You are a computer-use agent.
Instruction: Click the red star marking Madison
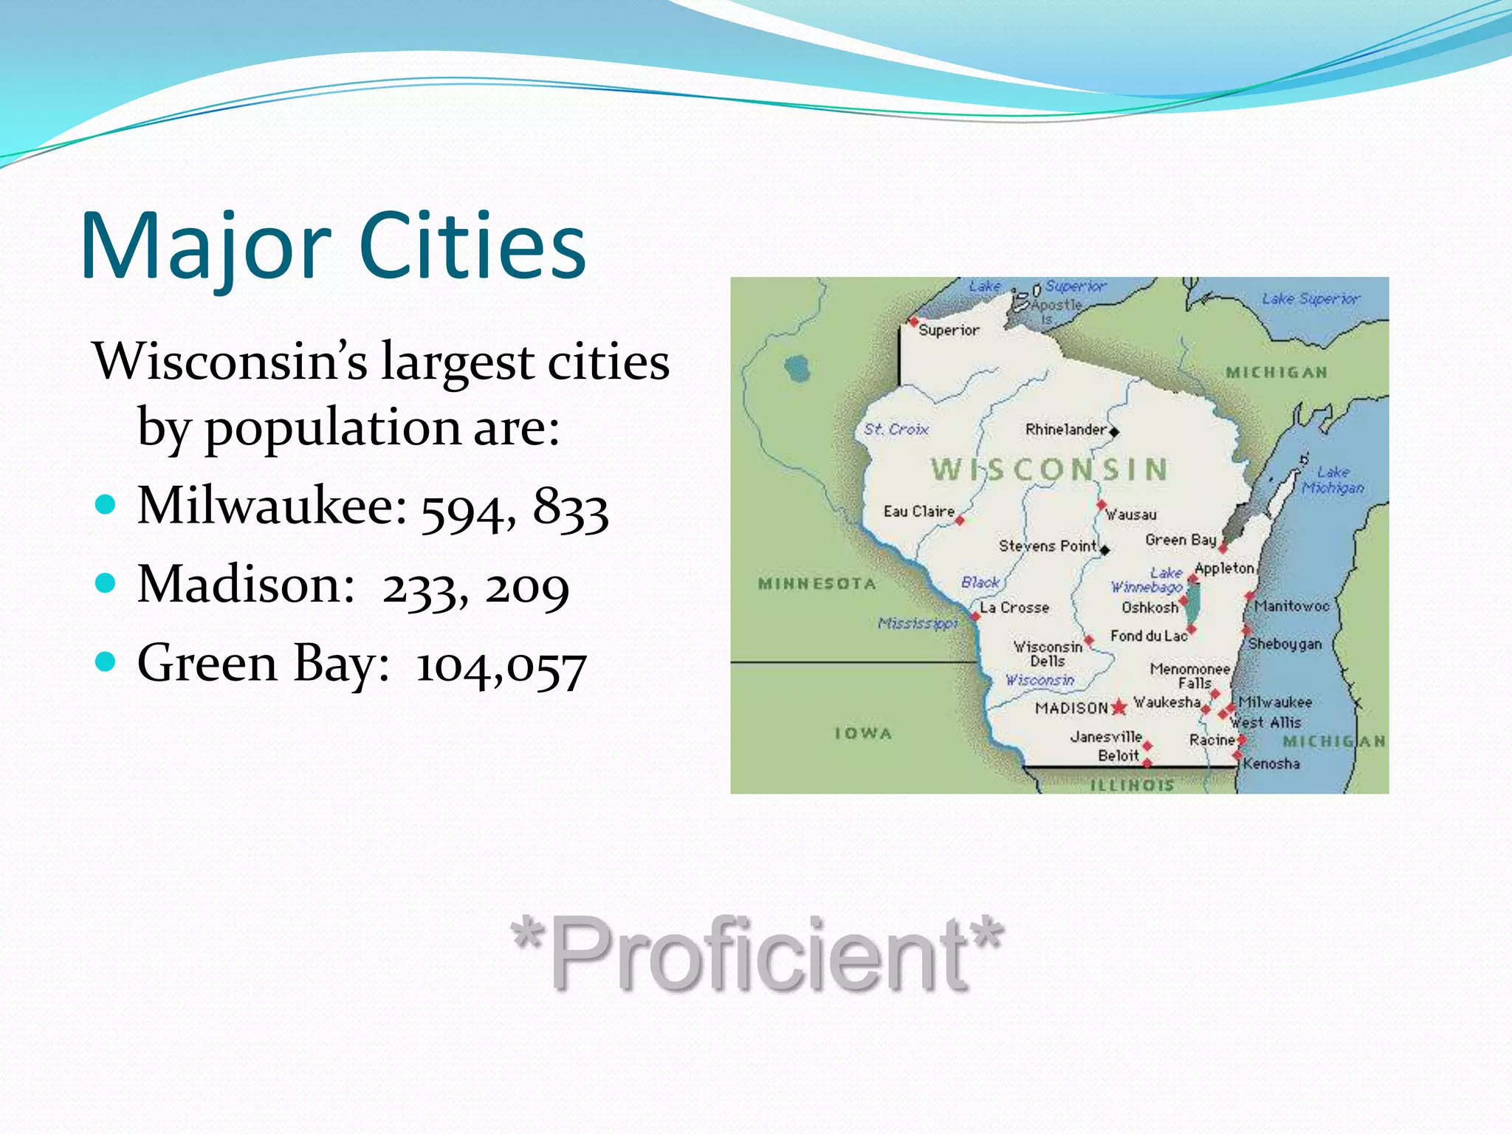pos(1119,707)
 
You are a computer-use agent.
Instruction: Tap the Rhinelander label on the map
pos(1065,430)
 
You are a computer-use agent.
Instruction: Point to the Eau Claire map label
pos(918,511)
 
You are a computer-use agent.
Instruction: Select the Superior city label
pos(949,331)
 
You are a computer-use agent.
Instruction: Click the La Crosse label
pos(1014,608)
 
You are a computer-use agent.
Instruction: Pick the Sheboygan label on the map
pos(1285,644)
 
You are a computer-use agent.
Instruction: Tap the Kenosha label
pos(1271,763)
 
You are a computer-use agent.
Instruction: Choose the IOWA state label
pos(863,733)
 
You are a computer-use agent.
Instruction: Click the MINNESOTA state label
pos(817,584)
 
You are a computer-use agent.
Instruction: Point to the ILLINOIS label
pos(1132,785)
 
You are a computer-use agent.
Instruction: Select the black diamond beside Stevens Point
pos(1105,550)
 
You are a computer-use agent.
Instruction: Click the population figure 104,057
pos(501,666)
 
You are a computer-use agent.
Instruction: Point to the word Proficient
pos(757,952)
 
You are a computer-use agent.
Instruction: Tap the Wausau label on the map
pos(1131,515)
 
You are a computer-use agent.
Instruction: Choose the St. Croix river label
pos(896,429)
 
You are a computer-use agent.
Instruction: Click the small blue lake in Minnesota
pos(797,368)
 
